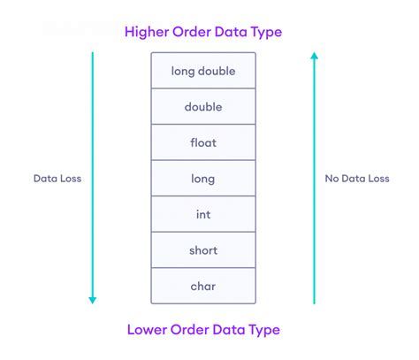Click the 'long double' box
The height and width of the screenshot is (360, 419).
point(202,71)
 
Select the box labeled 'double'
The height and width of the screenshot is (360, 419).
point(202,107)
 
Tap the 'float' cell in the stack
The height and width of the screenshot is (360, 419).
point(202,142)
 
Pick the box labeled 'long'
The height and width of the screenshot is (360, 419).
point(202,179)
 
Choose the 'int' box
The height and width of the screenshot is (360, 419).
point(202,215)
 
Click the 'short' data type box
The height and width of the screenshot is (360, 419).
point(202,250)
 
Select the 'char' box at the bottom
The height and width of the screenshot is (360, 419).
point(202,286)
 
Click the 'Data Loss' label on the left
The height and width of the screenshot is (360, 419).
point(58,178)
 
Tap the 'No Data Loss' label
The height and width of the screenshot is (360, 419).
point(356,178)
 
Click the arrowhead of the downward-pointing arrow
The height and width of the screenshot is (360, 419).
point(92,300)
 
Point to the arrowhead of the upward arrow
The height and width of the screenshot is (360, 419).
point(313,57)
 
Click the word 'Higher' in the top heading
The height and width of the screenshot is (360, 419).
point(149,33)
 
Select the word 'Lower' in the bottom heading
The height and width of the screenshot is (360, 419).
point(148,329)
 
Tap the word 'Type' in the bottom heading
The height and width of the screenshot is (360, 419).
point(262,330)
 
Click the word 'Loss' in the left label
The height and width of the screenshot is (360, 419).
point(72,178)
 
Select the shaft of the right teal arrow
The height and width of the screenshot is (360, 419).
point(313,230)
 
